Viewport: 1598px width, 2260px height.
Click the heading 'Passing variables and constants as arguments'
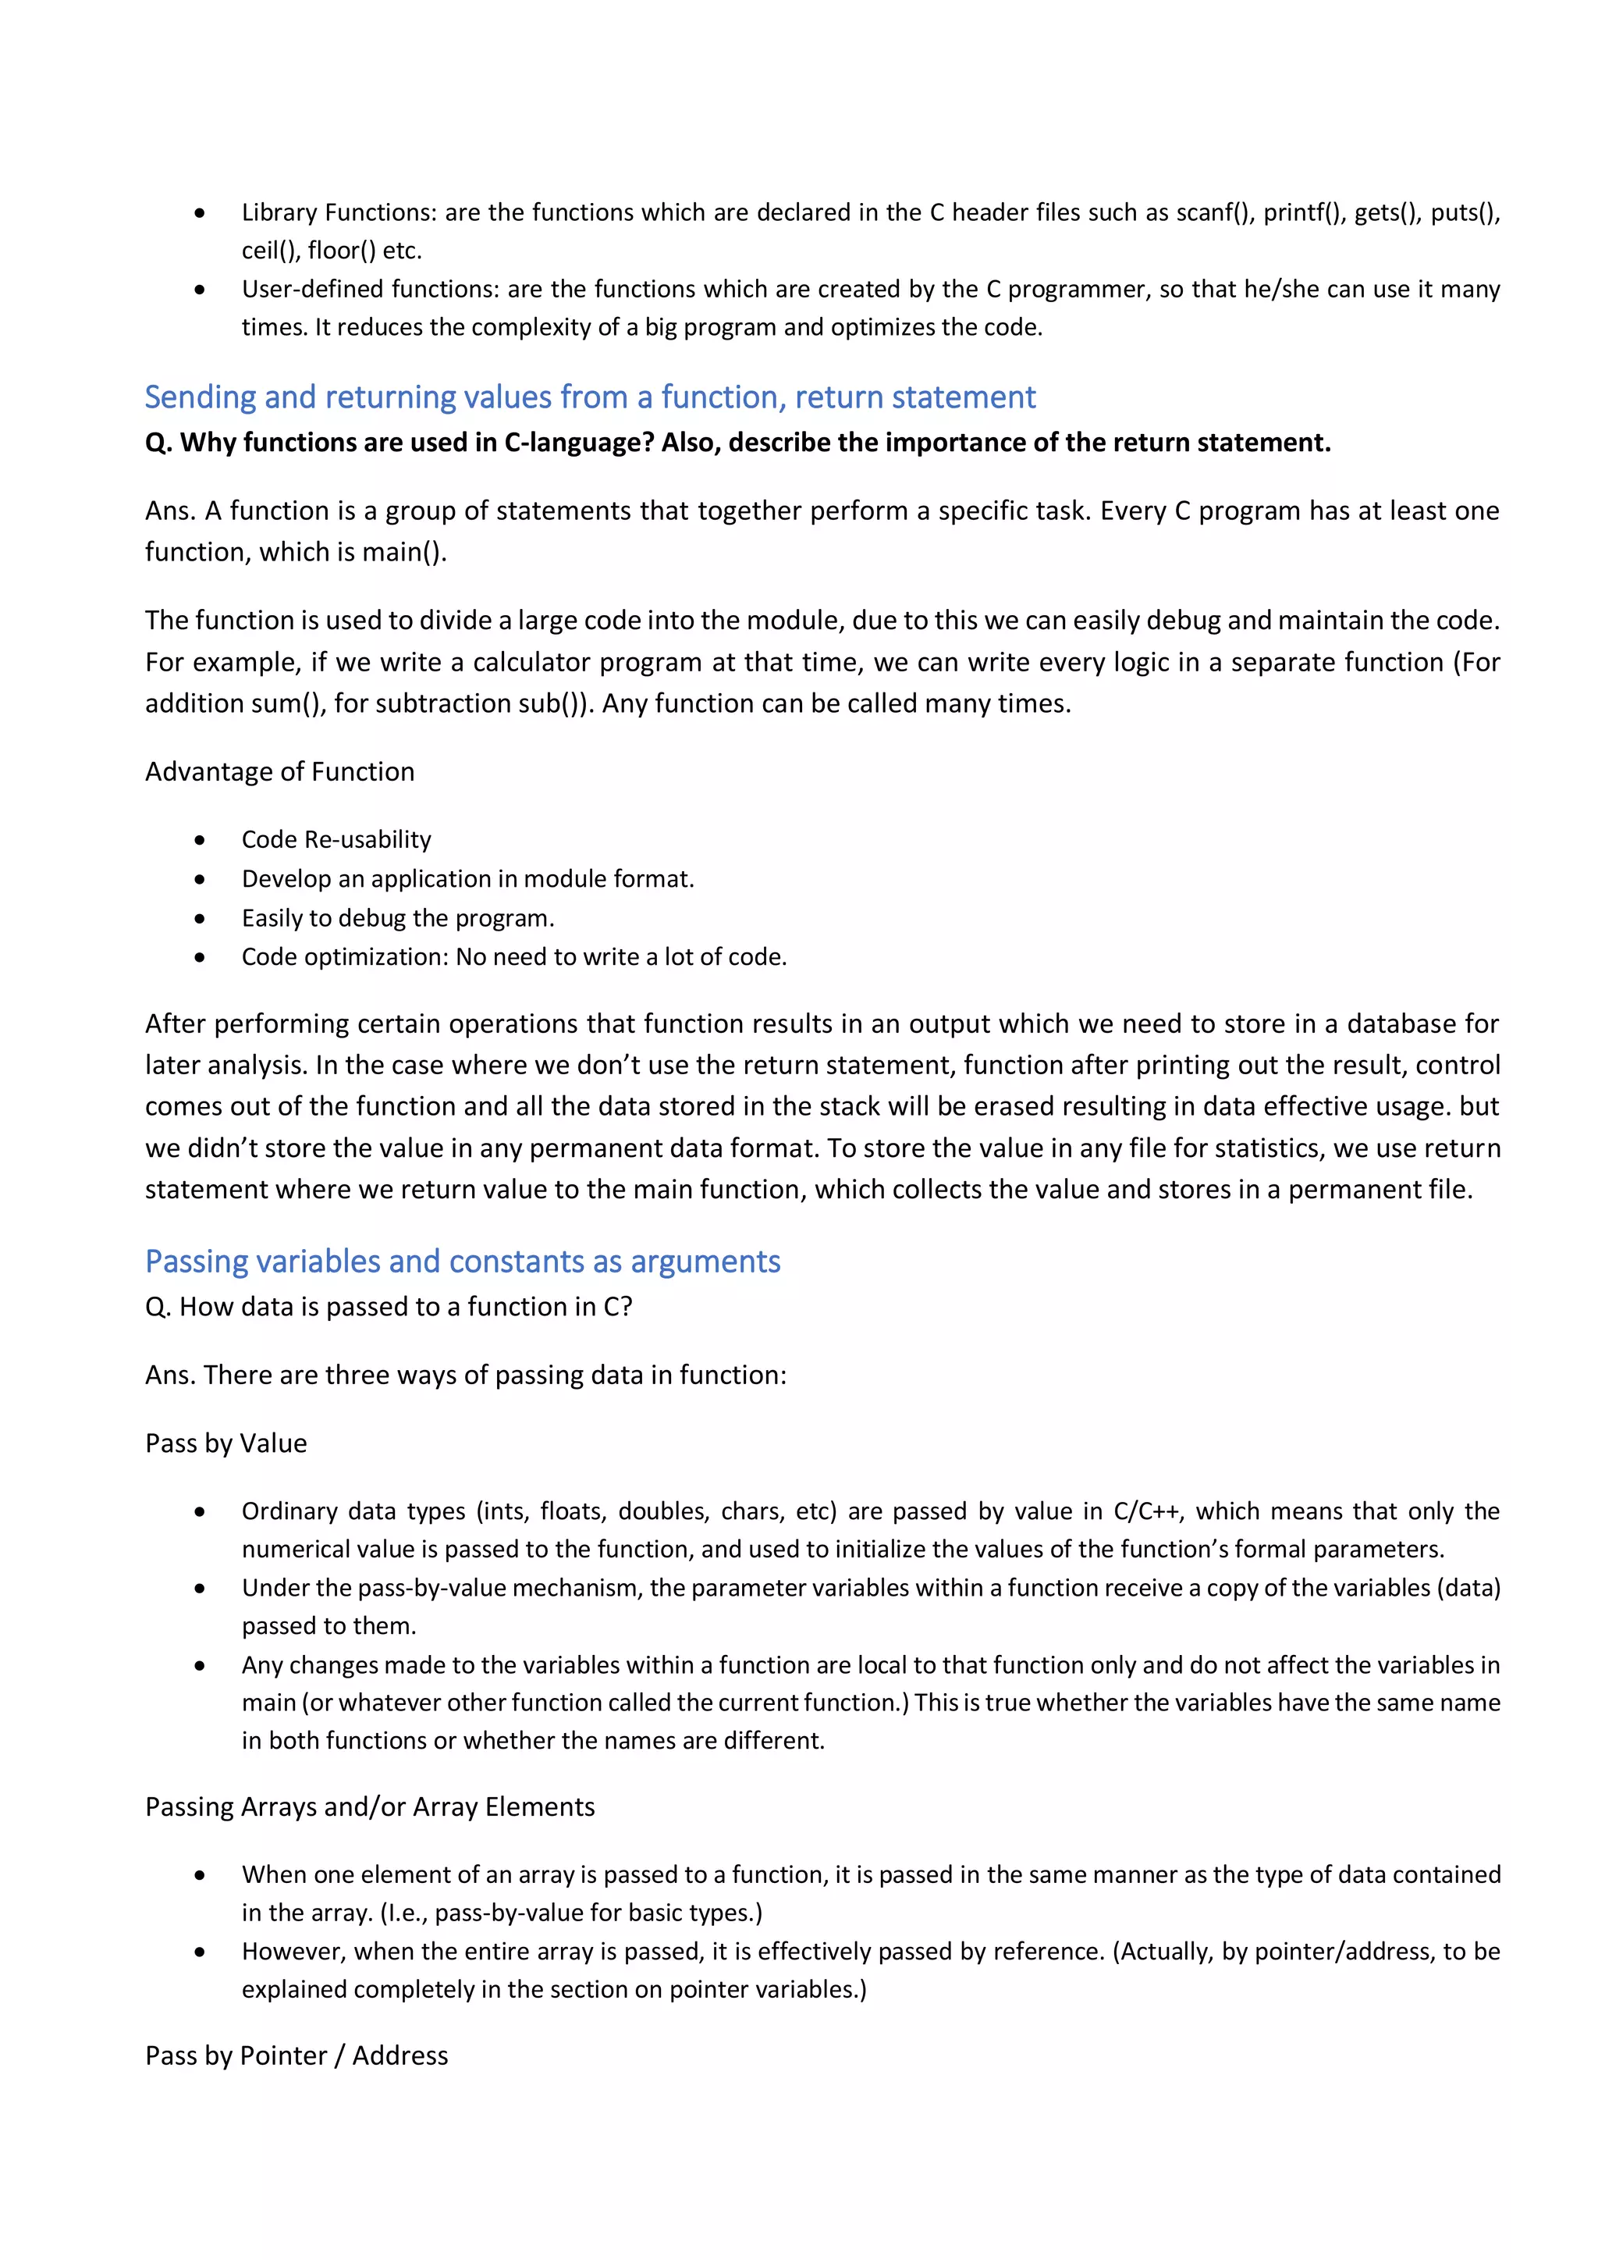coord(463,1261)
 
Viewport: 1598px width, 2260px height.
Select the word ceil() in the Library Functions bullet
coord(270,251)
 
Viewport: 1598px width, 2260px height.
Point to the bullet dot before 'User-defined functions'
coord(200,290)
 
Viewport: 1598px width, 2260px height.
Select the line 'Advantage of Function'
coord(279,772)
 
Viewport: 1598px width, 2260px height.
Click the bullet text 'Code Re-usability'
coord(336,840)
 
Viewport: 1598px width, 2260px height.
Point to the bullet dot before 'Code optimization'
coord(200,958)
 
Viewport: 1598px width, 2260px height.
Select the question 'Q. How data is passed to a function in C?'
coord(389,1307)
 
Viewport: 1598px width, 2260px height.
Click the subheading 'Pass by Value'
coord(226,1444)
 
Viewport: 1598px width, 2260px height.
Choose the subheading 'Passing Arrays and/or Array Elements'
coord(370,1807)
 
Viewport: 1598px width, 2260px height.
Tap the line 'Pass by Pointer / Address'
coord(297,2056)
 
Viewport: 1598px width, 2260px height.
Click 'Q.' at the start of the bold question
coord(158,443)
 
